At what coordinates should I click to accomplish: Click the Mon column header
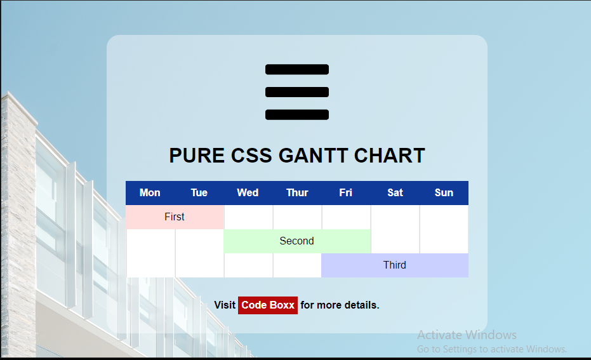150,192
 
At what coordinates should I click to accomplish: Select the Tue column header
199,192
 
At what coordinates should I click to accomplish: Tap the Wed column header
248,192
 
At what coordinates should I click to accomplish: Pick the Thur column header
297,192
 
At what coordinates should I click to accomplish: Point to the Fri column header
345,192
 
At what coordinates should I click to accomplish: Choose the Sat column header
395,192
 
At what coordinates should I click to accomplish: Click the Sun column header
444,192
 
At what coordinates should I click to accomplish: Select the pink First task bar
175,217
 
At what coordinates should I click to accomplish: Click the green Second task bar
297,241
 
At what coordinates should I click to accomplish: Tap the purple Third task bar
395,265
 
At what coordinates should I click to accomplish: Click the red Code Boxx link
268,305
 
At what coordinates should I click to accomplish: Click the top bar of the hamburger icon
297,69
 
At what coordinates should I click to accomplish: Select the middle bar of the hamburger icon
297,92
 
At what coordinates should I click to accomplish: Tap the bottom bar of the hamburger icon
297,114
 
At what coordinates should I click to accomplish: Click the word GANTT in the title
313,156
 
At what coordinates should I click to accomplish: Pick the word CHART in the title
389,156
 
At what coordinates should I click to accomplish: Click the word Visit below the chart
225,305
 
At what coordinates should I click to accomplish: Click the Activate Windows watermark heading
467,335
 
